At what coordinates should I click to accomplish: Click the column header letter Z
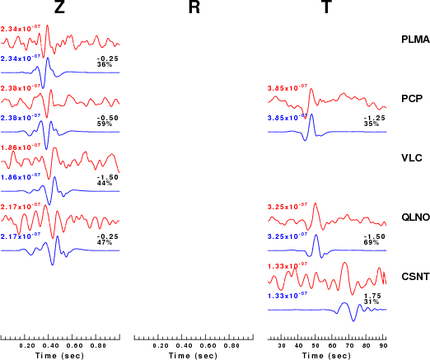[x=59, y=7]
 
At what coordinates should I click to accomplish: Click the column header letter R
[x=194, y=7]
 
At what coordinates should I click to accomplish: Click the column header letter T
[x=326, y=7]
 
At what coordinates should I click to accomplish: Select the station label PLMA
[x=415, y=40]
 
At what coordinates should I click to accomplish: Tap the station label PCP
[x=412, y=99]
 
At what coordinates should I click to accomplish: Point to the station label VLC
[x=412, y=158]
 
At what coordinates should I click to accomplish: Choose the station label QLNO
[x=415, y=217]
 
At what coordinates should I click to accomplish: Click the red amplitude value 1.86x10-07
[x=21, y=147]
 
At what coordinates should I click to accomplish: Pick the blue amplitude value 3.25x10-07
[x=287, y=236]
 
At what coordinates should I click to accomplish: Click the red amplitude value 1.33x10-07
[x=287, y=265]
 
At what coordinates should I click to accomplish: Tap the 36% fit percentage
[x=105, y=64]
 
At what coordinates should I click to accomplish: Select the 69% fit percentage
[x=372, y=242]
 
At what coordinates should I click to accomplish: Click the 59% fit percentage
[x=105, y=124]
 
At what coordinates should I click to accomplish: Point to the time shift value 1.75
[x=372, y=296]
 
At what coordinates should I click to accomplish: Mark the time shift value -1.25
[x=375, y=118]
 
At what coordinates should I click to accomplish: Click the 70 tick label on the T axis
[x=349, y=345]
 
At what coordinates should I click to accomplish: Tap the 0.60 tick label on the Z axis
[x=75, y=345]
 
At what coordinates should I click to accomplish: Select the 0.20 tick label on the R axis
[x=161, y=345]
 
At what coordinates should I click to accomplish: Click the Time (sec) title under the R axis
[x=193, y=356]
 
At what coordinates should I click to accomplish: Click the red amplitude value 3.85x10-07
[x=287, y=87]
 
